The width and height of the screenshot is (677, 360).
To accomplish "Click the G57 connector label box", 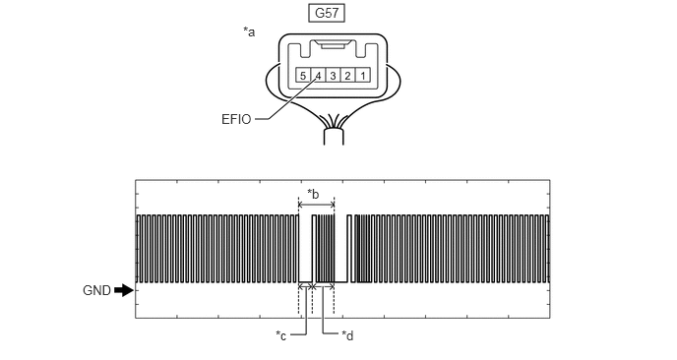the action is (x=327, y=13).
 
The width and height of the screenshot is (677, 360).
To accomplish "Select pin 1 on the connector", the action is (x=363, y=76).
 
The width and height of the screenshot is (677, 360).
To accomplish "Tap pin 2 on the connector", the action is (x=348, y=76).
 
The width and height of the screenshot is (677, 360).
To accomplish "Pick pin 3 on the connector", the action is (x=333, y=76).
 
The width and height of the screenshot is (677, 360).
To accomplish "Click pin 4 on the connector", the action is (x=318, y=76).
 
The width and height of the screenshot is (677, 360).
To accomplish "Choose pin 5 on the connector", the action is (x=303, y=76).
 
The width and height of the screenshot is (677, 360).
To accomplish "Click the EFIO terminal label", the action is (x=236, y=120).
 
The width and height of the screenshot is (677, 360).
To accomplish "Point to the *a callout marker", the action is (x=249, y=31).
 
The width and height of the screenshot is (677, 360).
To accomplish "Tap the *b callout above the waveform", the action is (x=313, y=194).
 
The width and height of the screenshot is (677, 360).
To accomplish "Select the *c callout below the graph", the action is (x=281, y=335).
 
